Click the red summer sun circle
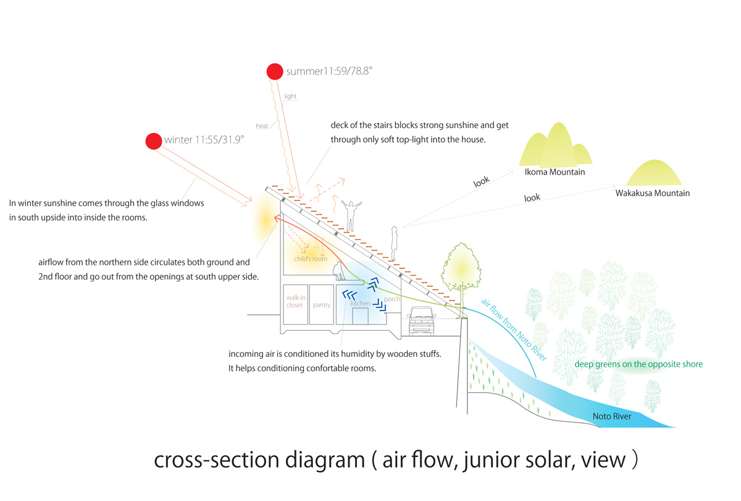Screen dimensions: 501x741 point(275,72)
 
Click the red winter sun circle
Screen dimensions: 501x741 point(154,141)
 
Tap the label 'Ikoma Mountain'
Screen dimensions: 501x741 point(554,172)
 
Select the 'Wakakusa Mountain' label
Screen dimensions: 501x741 point(652,193)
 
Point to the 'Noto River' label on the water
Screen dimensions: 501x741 point(611,416)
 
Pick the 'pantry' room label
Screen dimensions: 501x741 point(321,304)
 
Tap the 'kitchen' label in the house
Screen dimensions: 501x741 point(360,304)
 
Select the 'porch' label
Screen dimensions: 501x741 point(391,299)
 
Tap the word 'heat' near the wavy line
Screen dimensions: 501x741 point(262,126)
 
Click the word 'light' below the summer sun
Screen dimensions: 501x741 point(291,96)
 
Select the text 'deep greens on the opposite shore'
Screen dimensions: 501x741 point(638,364)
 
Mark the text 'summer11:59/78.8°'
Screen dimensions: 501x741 point(329,72)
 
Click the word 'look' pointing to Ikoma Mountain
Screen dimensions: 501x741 point(481,181)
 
